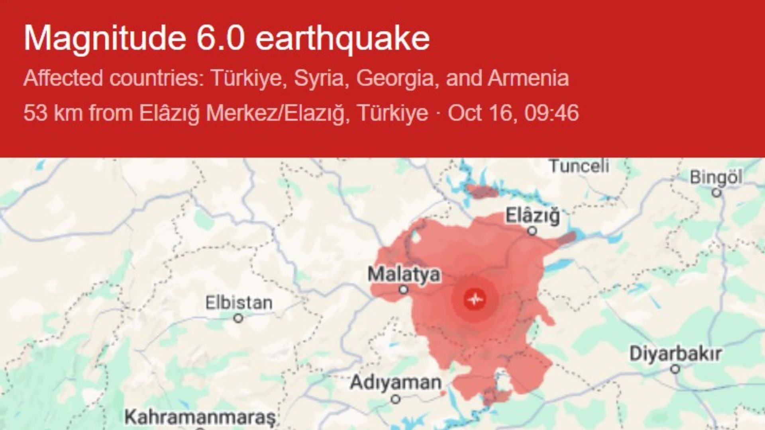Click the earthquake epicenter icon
point(474,299)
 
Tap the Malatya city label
point(404,275)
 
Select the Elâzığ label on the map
point(533,216)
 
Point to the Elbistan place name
point(239,303)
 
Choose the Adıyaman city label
point(395,383)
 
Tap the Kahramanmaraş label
point(200,417)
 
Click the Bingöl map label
point(716,177)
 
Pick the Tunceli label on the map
point(579,166)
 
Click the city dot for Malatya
point(404,289)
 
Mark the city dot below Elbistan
point(238,319)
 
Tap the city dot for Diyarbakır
point(675,369)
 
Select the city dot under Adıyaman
point(395,399)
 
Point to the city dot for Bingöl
point(716,193)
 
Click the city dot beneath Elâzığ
point(532,231)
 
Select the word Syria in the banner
point(318,78)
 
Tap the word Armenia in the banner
point(528,78)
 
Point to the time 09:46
point(551,113)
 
